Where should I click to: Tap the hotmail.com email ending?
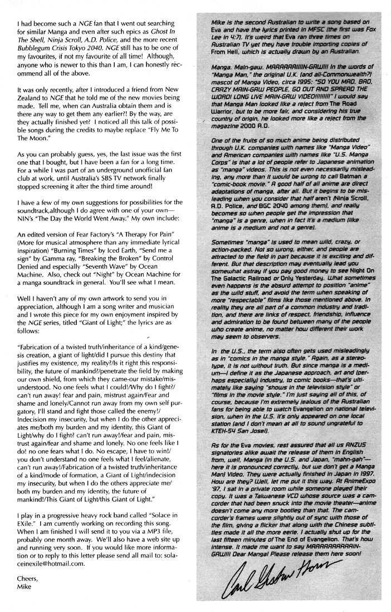pyautogui.click(x=61, y=569)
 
